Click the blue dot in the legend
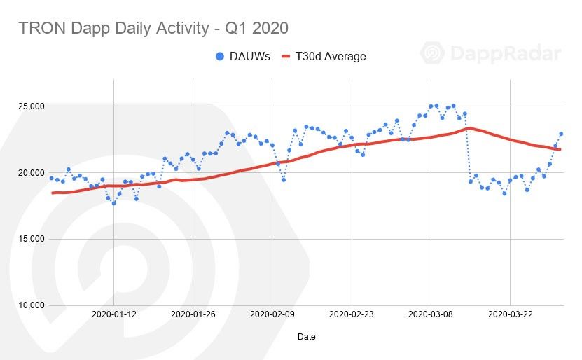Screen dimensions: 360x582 (220, 56)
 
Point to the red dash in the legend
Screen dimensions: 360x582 (285, 56)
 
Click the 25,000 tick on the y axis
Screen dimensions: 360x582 (30, 106)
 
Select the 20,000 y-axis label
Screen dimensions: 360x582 (30, 173)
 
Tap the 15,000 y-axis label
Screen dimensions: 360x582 (30, 239)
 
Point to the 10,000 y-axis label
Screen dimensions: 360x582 (30, 305)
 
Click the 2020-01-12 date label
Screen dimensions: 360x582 (113, 314)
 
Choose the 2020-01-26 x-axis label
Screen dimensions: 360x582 (193, 314)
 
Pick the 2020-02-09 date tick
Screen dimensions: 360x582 (272, 314)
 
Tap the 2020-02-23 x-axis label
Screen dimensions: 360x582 (352, 314)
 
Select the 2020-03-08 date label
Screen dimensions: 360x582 (431, 314)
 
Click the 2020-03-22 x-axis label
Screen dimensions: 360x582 (510, 314)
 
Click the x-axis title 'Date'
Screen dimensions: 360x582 (306, 337)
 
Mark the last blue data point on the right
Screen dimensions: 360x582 (561, 134)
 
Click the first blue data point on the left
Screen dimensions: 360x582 (51, 178)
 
